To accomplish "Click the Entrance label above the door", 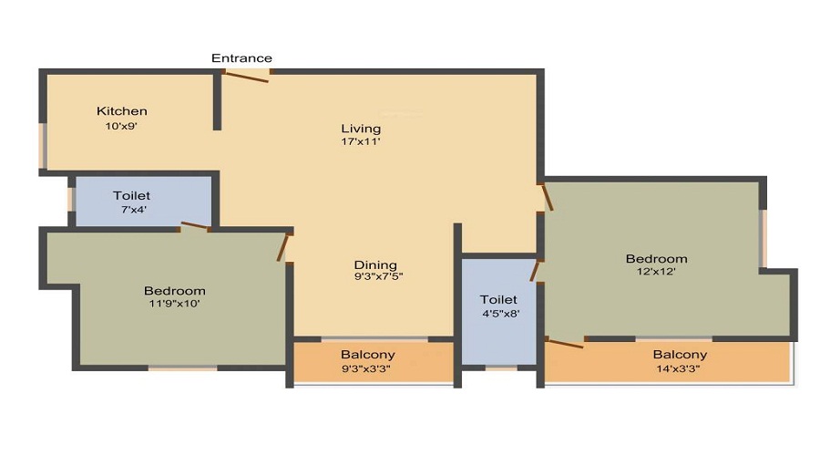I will (241, 58).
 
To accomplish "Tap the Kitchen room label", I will (122, 111).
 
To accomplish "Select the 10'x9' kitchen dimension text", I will (121, 127).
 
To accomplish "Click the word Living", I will (361, 128).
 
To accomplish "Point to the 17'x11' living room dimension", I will (361, 142).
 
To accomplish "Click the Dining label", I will (375, 265).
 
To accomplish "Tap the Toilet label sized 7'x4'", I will (131, 196).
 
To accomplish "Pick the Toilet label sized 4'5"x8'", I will (498, 299).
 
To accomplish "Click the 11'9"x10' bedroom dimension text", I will (174, 305).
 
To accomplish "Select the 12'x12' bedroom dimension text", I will (656, 272).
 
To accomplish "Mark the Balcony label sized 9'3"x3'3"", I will (368, 355).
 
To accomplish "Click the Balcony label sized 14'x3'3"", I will (680, 355).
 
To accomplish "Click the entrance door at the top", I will (247, 77).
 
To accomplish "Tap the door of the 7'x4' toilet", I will (195, 226).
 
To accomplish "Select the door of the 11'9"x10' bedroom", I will (284, 247).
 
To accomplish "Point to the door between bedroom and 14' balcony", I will (564, 343).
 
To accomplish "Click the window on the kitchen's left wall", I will (42, 146).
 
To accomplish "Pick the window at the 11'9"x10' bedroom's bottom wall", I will (182, 368).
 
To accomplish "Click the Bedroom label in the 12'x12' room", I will (656, 258).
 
